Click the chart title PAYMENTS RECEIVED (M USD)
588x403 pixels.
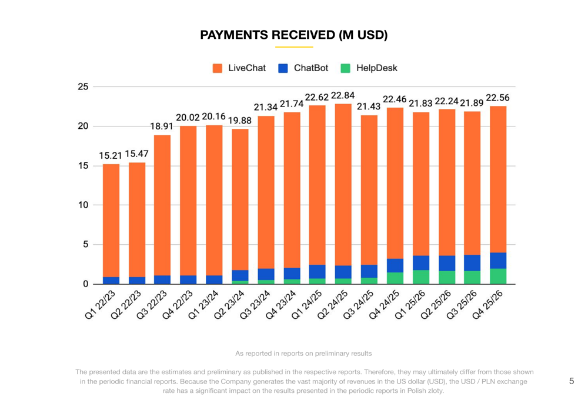294,35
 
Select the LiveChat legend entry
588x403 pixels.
239,68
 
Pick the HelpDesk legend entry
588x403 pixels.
369,68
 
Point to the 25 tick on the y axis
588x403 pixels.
83,87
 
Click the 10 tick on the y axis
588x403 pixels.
83,205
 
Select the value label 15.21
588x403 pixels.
110,156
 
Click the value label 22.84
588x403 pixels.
343,95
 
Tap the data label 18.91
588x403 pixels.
162,126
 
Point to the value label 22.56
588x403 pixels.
498,98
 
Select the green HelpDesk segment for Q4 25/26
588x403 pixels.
498,277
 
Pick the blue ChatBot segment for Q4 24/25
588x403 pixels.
395,265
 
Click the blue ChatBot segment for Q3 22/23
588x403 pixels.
162,279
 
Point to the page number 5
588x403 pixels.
572,381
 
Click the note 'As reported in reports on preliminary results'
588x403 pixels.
303,354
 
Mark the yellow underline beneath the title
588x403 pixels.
294,47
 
